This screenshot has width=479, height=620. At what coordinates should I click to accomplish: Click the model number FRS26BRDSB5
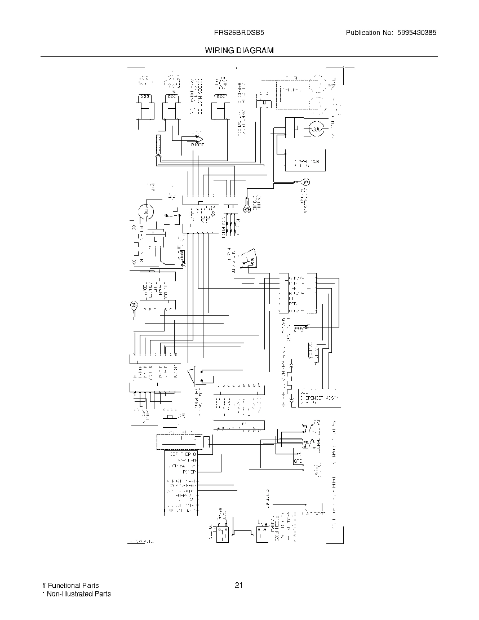click(x=239, y=33)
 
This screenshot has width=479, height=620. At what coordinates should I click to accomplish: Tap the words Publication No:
click(x=369, y=33)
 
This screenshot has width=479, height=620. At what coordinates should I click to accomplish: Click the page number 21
click(x=239, y=585)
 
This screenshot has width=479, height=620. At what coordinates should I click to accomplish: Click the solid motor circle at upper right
click(x=316, y=130)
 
